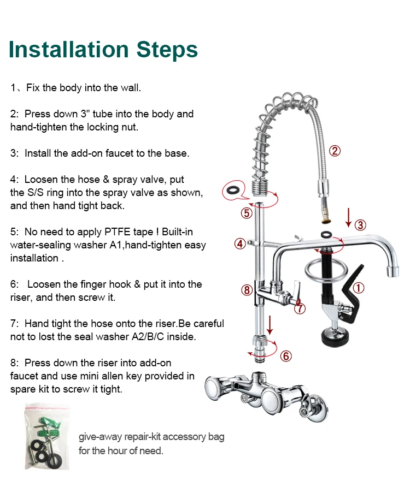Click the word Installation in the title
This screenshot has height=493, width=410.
point(69,49)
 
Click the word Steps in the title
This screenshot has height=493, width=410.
point(167,49)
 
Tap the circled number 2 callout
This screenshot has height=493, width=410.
point(335,151)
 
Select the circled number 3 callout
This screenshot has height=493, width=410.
point(360,225)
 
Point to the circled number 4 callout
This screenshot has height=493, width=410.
point(240,243)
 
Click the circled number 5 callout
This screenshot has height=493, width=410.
point(247,213)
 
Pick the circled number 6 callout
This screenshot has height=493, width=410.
point(286,356)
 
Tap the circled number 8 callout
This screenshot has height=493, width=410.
point(247,290)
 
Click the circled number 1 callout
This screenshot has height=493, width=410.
point(359,288)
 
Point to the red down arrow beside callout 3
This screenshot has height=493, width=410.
point(348,217)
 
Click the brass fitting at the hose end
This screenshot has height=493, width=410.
point(325,218)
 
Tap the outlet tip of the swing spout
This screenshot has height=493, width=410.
point(393,271)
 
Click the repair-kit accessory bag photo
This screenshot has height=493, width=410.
point(47,437)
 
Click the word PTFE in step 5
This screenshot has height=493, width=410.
point(118,232)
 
